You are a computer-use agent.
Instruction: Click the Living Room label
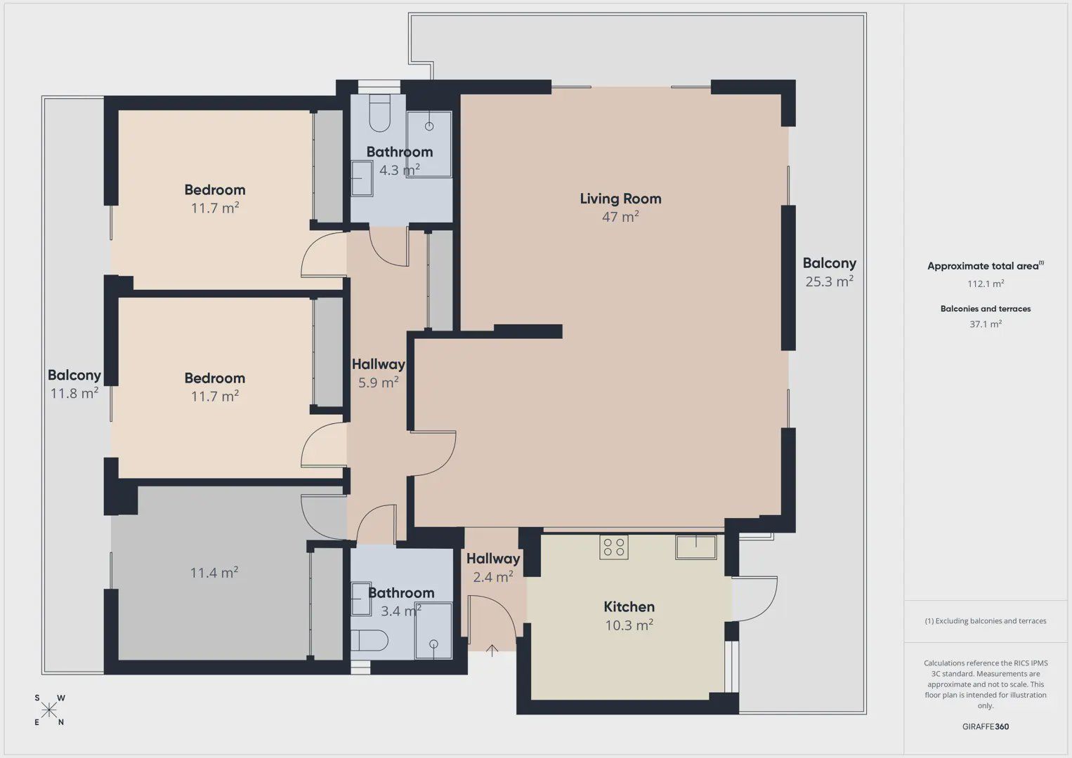tap(621, 199)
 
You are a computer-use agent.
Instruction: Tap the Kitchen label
tap(629, 606)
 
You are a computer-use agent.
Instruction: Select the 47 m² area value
tap(620, 217)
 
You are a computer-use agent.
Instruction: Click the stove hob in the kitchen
tap(613, 547)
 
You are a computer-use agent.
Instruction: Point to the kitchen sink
tap(696, 547)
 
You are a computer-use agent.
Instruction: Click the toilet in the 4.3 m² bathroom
tap(380, 113)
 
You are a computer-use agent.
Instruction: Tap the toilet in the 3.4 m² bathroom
tap(370, 640)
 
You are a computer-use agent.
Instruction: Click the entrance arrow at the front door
tap(492, 650)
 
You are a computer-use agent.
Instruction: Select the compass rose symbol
tap(48, 710)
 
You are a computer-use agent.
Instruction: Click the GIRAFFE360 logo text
tap(986, 726)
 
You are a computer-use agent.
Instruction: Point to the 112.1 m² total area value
tap(986, 284)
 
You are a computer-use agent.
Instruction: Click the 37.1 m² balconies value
tap(986, 324)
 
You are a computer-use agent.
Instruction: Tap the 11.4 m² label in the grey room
tap(214, 573)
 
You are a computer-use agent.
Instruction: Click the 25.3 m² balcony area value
tap(830, 281)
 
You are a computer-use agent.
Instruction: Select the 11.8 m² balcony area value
tap(74, 393)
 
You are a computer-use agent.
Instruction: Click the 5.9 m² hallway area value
tap(378, 383)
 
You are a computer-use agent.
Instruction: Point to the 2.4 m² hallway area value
tap(493, 577)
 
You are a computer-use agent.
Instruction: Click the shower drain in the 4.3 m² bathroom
tap(429, 126)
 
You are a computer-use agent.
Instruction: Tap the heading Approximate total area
tap(986, 266)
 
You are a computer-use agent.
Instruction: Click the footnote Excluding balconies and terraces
tap(986, 620)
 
